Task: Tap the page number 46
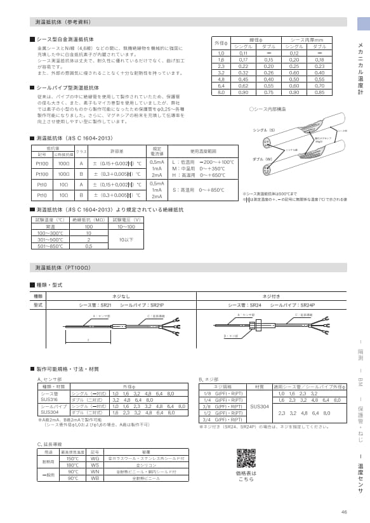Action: (344, 512)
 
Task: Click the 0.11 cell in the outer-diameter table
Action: (242, 53)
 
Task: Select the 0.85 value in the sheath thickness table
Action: (319, 93)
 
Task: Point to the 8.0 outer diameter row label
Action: (221, 93)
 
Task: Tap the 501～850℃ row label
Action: (50, 246)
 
